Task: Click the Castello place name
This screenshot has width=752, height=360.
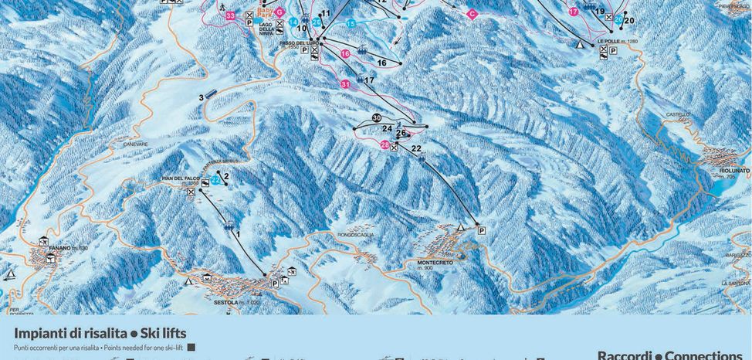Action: pyautogui.click(x=678, y=114)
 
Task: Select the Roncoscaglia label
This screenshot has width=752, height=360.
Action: pyautogui.click(x=354, y=235)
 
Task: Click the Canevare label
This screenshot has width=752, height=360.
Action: pyautogui.click(x=134, y=144)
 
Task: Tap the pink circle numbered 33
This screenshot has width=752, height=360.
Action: pyautogui.click(x=231, y=15)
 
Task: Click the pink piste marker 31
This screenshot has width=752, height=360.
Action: pyautogui.click(x=345, y=83)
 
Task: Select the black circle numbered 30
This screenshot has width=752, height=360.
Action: pyautogui.click(x=377, y=117)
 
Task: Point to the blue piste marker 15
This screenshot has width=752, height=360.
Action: pyautogui.click(x=351, y=24)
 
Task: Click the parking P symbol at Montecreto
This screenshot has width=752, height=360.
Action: pyautogui.click(x=481, y=230)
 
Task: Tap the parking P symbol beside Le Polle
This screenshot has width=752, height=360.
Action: pyautogui.click(x=613, y=50)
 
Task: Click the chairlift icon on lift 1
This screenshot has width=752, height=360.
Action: pyautogui.click(x=229, y=226)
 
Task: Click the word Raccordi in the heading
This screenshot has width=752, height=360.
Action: pyautogui.click(x=625, y=355)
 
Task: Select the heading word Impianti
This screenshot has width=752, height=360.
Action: pyautogui.click(x=39, y=333)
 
